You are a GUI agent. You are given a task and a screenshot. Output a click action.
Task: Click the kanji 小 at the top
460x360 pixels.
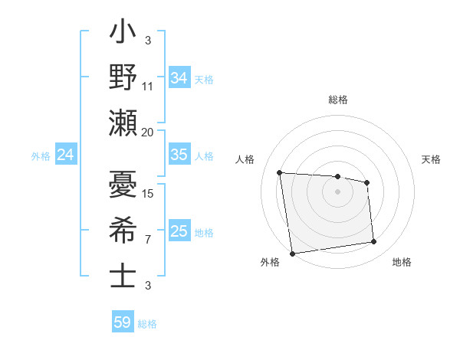(x=123, y=35)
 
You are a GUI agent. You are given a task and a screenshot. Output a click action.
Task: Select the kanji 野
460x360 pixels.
(x=123, y=77)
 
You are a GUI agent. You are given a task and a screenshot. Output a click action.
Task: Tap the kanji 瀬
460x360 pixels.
(x=123, y=122)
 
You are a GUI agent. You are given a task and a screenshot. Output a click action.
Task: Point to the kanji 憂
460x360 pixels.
(x=123, y=187)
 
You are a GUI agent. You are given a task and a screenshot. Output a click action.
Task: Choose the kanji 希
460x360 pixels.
(x=123, y=231)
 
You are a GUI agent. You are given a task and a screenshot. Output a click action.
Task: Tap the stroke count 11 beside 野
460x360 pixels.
(x=148, y=87)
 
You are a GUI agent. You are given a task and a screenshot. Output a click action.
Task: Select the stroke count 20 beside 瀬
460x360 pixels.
(x=148, y=132)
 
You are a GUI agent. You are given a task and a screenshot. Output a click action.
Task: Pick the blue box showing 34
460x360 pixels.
(x=179, y=78)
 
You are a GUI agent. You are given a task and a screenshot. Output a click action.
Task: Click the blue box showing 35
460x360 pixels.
(x=179, y=155)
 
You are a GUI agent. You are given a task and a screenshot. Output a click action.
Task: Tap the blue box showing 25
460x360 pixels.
(x=179, y=231)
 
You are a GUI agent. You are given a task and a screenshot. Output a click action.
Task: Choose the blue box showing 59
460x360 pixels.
(x=123, y=322)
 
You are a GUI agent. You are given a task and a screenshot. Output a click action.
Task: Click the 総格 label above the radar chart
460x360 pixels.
(x=338, y=100)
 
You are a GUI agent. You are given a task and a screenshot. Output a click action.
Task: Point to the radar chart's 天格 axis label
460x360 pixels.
(x=432, y=159)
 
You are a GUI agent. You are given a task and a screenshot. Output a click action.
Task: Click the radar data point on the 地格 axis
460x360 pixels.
(x=374, y=242)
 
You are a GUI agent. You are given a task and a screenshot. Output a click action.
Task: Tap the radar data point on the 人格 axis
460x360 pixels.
(x=280, y=172)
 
